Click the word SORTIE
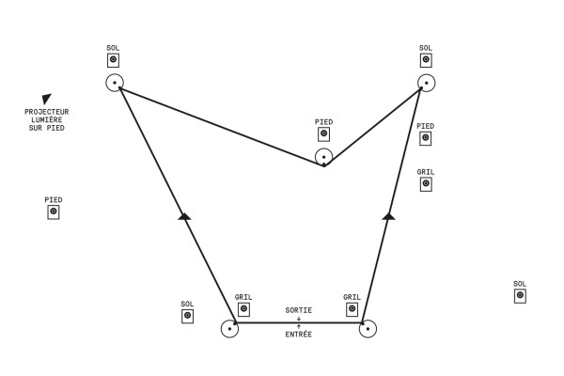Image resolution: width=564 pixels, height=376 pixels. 299,310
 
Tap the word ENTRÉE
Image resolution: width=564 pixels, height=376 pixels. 299,334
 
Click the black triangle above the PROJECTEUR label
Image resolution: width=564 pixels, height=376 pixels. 46,99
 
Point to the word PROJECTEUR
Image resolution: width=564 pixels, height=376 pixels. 47,112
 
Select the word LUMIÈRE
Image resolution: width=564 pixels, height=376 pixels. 47,119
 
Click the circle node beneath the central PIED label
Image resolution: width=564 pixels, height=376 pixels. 323,157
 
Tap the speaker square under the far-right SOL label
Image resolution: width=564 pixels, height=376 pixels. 520,296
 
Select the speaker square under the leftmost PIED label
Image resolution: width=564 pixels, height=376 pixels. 54,212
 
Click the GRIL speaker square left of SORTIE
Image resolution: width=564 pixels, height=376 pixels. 243,309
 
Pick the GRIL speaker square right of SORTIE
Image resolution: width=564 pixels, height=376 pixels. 352,309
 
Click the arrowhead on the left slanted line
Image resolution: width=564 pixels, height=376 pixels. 184,216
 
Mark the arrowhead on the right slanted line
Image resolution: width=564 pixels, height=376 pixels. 388,216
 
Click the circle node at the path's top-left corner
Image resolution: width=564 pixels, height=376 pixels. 115,83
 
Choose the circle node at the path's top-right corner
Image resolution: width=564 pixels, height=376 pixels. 426,83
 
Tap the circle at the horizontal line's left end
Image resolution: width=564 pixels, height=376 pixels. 229,329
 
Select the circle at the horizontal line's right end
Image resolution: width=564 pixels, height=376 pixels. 368,329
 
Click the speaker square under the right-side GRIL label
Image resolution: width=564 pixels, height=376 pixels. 426,184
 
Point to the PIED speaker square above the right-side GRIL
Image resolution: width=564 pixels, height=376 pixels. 426,138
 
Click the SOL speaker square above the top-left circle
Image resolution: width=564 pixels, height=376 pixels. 113,59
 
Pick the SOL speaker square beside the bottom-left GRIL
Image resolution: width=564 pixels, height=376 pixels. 187,317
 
